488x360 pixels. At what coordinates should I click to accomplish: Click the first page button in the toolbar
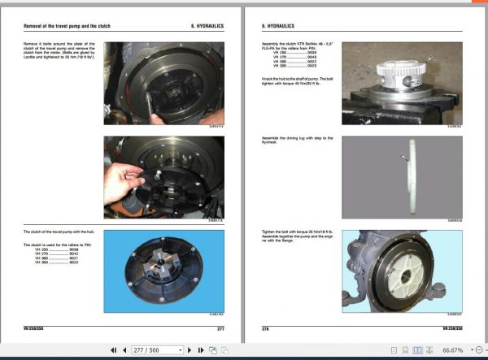113,350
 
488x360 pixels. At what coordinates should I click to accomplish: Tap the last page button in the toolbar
199,350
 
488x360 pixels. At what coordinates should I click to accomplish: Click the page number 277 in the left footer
220,327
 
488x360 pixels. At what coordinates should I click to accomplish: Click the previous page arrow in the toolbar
124,350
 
